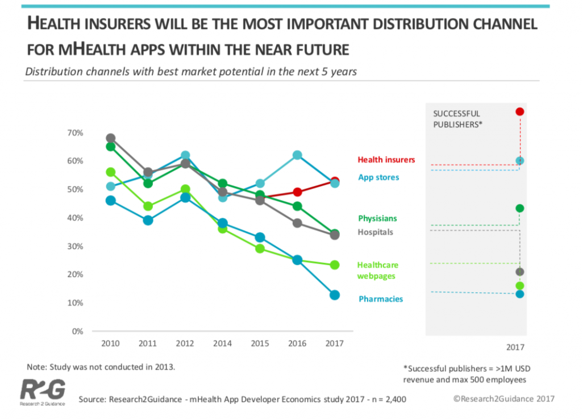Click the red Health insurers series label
pos(386,160)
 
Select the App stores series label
pos(378,177)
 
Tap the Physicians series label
pos(377,218)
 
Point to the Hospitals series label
pos(375,232)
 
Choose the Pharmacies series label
pos(380,299)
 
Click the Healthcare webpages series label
pos(378,271)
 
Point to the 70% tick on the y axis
pos(75,133)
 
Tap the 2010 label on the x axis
pos(110,343)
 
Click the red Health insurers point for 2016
pos(297,192)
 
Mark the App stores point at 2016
pos(297,155)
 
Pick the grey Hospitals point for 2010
pos(110,138)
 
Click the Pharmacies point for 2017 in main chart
pos(335,295)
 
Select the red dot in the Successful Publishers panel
pos(519,111)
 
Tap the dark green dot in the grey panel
pos(519,209)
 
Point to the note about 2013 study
pos(101,367)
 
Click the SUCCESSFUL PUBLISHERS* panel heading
pos(458,118)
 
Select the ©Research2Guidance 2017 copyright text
pos(504,399)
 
